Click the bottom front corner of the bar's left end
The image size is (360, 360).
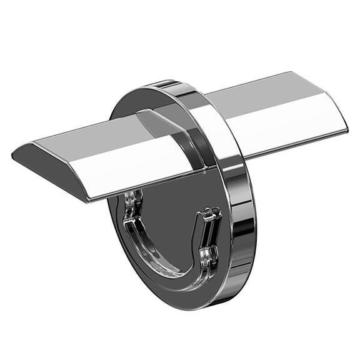(87, 199)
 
